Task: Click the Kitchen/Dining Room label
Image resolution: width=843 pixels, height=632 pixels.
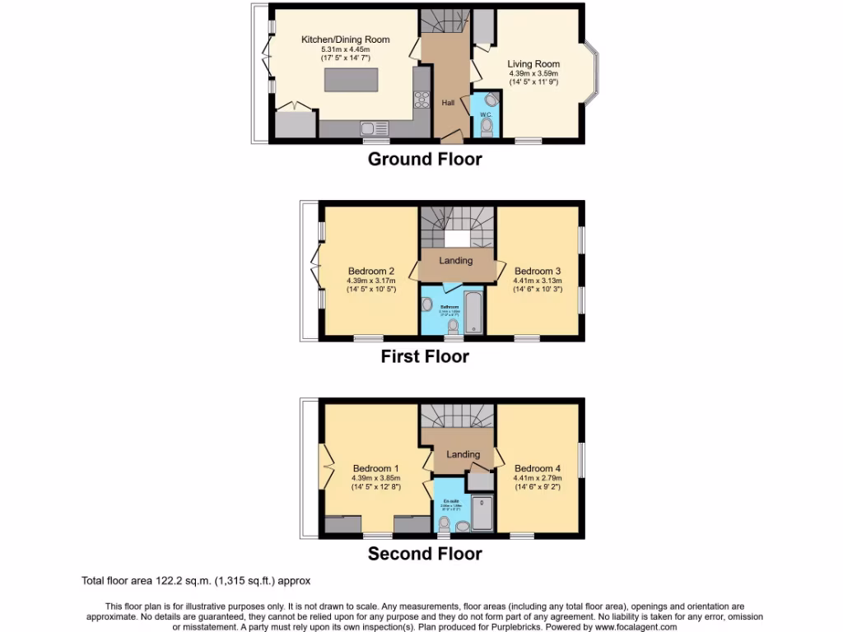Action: (345, 39)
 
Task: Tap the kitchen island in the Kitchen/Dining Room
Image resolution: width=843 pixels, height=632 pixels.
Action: (353, 80)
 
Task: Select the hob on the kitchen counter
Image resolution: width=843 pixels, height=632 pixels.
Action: (421, 100)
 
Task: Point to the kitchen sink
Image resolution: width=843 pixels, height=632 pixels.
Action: (374, 128)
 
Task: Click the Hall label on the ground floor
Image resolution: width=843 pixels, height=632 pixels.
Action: (448, 103)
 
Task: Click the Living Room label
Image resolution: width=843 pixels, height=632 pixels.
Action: (533, 64)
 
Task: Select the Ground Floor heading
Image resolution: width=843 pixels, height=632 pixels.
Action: (424, 159)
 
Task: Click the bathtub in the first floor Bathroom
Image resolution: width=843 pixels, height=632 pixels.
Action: (473, 313)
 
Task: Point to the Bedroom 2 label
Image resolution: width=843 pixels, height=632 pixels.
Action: (370, 272)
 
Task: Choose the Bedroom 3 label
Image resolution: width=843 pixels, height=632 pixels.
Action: (538, 272)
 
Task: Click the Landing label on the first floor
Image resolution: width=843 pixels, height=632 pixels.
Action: (455, 261)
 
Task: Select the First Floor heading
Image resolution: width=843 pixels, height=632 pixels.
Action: (424, 356)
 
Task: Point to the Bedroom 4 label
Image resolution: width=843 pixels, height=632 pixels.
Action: (538, 469)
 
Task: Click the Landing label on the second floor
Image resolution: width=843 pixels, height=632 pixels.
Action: (463, 454)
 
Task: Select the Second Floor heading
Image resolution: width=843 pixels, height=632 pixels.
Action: (424, 554)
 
